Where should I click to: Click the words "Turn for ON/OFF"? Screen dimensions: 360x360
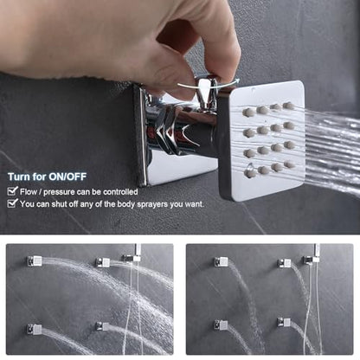click(47, 177)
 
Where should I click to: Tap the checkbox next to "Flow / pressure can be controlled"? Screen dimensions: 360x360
click(12, 191)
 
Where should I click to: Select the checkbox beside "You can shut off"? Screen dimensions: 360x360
click(12, 203)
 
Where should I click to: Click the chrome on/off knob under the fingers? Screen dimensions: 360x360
click(205, 93)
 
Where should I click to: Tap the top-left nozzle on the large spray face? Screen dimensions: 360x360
click(248, 112)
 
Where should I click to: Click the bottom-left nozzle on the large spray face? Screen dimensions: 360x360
click(250, 173)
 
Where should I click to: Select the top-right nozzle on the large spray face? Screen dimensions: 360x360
click(288, 106)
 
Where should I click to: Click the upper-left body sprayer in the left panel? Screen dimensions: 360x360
click(35, 261)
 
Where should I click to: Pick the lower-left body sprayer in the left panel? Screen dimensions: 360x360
click(35, 329)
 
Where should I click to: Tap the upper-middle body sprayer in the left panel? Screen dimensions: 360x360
click(103, 262)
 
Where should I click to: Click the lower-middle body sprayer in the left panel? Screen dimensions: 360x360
click(102, 327)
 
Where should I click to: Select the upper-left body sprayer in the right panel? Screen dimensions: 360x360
click(222, 262)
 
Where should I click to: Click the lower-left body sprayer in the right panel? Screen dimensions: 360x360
click(221, 325)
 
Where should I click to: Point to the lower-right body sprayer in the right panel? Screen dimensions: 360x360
click(284, 322)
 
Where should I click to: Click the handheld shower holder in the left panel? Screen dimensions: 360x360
click(132, 258)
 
